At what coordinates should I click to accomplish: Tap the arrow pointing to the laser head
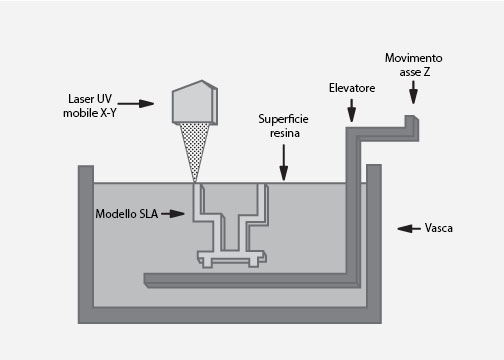142,103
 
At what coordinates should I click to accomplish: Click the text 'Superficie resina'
283,124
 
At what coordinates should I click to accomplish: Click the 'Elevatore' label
351,88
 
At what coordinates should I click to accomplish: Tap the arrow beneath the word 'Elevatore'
351,112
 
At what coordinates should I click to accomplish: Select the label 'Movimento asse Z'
413,65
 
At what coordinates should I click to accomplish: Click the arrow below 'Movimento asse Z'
413,95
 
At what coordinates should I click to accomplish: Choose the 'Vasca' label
438,229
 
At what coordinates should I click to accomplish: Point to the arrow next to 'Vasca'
408,229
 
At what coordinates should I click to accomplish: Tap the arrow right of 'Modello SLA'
173,214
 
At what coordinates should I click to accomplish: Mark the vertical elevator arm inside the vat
352,210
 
